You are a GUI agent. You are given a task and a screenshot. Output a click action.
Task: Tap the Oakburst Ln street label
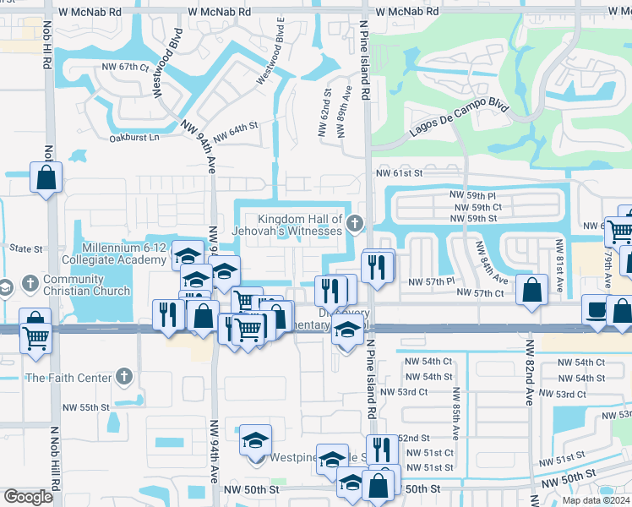click(x=134, y=137)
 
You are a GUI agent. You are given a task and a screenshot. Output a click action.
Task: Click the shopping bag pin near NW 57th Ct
click(x=531, y=291)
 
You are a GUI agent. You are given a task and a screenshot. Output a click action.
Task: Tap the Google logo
click(x=27, y=497)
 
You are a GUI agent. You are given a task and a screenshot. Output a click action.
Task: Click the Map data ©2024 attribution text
click(x=597, y=500)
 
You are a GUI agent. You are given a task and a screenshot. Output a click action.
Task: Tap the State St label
click(x=25, y=249)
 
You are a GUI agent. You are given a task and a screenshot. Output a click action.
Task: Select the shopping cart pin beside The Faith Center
click(x=36, y=337)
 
